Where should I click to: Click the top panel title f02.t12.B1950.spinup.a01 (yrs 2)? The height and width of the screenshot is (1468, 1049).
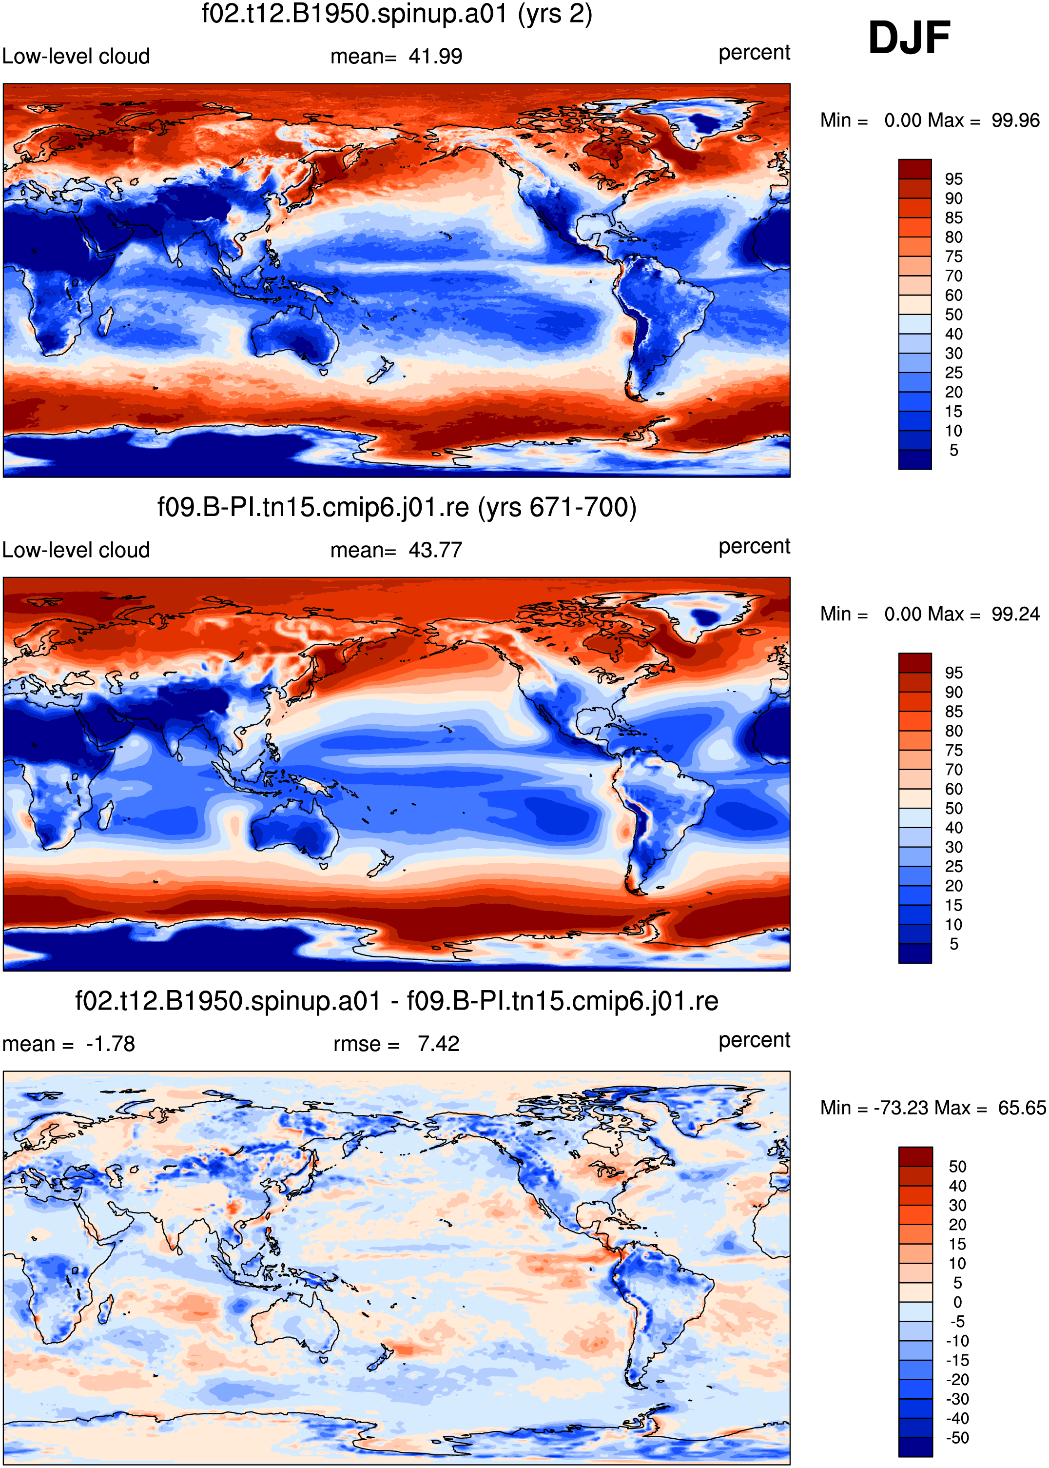[x=397, y=14]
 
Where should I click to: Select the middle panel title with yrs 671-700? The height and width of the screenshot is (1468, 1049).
[x=397, y=508]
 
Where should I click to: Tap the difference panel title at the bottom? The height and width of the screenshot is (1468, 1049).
[x=397, y=1001]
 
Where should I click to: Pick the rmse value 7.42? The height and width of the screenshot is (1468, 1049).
[x=439, y=1044]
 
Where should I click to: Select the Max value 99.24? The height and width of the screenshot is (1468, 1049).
[x=1015, y=614]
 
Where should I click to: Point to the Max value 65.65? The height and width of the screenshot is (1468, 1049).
[x=1021, y=1108]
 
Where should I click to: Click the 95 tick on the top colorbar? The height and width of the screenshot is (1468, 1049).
[x=953, y=179]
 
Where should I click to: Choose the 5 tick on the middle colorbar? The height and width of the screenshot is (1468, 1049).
[x=954, y=944]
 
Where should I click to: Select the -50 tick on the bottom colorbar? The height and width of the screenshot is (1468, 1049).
[x=957, y=1438]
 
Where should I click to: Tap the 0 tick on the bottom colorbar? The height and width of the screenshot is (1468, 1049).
[x=958, y=1302]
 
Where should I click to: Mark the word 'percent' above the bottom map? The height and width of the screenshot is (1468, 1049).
[x=755, y=1040]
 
